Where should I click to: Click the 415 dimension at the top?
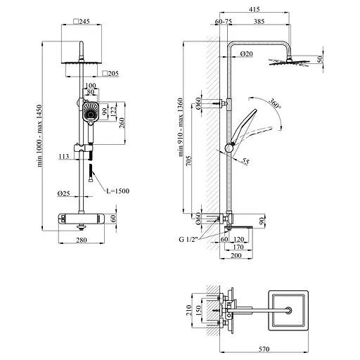pyautogui.click(x=255, y=9)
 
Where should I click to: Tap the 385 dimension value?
pyautogui.click(x=259, y=21)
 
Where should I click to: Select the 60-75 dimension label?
pyautogui.click(x=224, y=21)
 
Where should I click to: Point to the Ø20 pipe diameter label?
pyautogui.click(x=247, y=53)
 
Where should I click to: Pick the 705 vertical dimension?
pyautogui.click(x=188, y=160)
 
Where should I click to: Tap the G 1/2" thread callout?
pyautogui.click(x=188, y=239)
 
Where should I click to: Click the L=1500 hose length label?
pyautogui.click(x=118, y=191)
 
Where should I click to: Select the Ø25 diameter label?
pyautogui.click(x=63, y=193)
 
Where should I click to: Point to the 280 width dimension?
pyautogui.click(x=82, y=240)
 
